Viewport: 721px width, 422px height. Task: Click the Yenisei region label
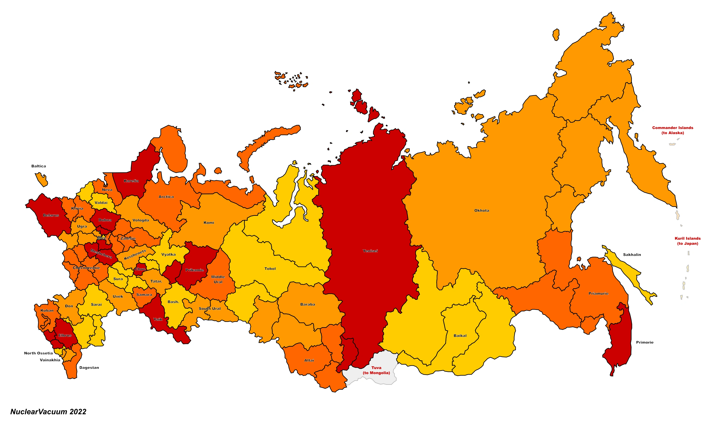coord(370,251)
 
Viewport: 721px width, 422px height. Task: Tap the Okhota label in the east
coord(482,211)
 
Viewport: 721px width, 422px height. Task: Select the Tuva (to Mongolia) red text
coord(376,370)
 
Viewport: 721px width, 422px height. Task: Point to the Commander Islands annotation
coord(672,130)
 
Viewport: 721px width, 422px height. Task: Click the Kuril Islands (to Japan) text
coord(687,241)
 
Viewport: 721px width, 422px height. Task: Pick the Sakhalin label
coord(632,255)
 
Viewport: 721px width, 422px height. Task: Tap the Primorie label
coord(644,342)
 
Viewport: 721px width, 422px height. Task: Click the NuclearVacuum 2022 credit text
coord(48,412)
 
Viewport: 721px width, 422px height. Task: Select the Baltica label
coord(39,166)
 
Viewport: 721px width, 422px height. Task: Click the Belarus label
coord(51,215)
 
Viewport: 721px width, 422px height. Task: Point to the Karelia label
coord(131,181)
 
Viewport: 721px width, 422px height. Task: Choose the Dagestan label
coord(89,368)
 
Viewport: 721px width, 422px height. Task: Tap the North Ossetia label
coord(38,353)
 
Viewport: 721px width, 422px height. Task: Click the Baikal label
coord(460,336)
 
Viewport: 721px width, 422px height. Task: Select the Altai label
coord(309,360)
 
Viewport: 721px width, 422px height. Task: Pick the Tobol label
coord(270,269)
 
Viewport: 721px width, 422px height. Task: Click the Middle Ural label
coord(218,279)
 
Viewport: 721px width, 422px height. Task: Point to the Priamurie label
coord(598,293)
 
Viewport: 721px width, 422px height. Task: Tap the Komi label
coord(209,223)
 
